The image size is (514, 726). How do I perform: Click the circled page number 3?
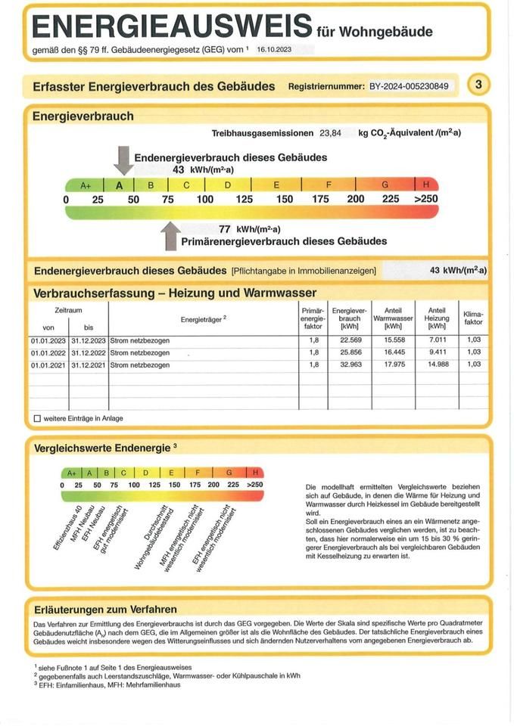click(x=478, y=85)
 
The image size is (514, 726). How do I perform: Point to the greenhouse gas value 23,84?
click(x=330, y=133)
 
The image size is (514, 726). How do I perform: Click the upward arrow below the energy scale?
click(x=171, y=235)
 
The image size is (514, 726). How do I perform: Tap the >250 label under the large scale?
click(x=426, y=199)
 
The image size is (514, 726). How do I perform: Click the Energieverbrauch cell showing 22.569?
click(x=349, y=341)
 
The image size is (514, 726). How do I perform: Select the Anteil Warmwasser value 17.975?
click(x=394, y=365)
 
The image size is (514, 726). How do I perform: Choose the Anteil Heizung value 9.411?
click(x=437, y=352)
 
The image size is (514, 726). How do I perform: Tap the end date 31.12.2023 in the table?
click(x=89, y=341)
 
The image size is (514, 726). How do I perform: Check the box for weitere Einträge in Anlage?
click(x=38, y=418)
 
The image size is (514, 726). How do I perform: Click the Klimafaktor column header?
click(x=473, y=318)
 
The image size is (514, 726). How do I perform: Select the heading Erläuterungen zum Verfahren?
click(x=106, y=609)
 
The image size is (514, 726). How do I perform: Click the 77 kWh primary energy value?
click(x=224, y=229)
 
